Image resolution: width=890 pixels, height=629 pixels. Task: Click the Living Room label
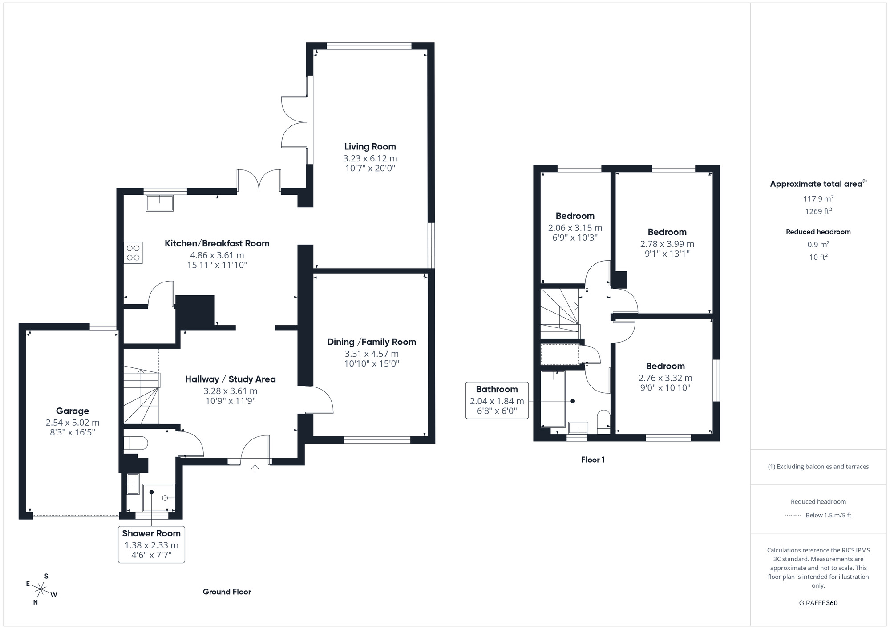(370, 147)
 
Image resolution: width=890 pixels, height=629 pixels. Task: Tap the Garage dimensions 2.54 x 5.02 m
(73, 423)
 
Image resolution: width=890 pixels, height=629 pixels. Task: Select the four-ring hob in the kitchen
(133, 253)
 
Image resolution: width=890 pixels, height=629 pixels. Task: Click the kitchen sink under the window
(160, 203)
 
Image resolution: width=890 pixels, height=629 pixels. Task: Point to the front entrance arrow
(255, 468)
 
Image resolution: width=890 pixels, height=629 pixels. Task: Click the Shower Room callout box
(151, 544)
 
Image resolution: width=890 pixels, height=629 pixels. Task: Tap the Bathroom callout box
(497, 400)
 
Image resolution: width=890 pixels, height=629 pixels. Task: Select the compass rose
(41, 590)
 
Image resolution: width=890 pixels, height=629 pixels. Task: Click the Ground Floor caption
(227, 592)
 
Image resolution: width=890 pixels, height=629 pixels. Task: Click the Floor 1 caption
(593, 460)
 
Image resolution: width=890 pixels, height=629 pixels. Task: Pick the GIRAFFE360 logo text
(818, 603)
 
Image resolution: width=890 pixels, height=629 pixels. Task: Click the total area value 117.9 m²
(818, 199)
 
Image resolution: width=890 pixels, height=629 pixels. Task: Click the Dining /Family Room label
(372, 342)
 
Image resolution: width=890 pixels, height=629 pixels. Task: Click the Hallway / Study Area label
(231, 379)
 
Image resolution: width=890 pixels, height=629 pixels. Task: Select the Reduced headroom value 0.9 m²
(818, 244)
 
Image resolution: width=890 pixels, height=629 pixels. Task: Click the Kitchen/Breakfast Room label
(217, 243)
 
